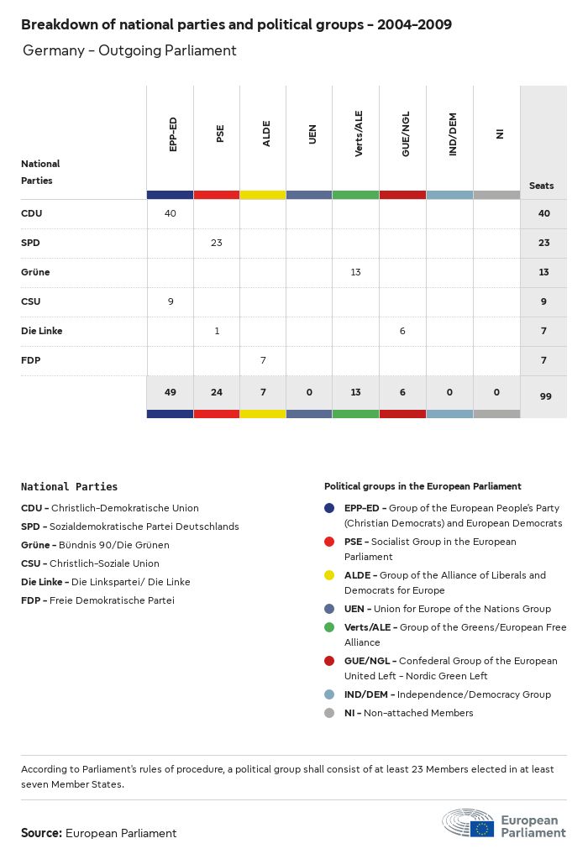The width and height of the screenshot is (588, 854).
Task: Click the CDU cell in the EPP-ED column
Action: [x=171, y=213]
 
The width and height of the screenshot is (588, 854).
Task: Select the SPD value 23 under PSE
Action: [x=217, y=243]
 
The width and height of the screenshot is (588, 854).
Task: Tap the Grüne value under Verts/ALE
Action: [x=355, y=272]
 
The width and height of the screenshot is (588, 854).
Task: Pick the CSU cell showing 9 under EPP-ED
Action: [x=171, y=301]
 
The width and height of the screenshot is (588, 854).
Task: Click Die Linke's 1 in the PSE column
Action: [x=217, y=331]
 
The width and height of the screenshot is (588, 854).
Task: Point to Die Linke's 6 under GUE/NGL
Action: [x=402, y=331]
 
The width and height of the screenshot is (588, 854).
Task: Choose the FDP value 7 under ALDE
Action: [x=263, y=360]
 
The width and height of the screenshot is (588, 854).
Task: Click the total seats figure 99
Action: [x=544, y=396]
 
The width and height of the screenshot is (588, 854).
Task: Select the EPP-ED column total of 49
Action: [x=171, y=393]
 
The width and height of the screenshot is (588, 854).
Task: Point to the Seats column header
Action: [x=542, y=186]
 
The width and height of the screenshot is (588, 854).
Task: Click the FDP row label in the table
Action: [x=31, y=360]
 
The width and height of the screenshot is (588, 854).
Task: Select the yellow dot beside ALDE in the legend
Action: [x=329, y=575]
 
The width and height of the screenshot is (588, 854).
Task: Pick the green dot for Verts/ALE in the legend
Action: [x=329, y=627]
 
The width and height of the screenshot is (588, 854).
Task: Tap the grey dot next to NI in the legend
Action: [x=329, y=713]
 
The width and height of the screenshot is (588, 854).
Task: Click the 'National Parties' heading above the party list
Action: [x=69, y=486]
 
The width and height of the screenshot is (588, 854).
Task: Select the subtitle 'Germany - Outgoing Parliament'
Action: [x=129, y=50]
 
